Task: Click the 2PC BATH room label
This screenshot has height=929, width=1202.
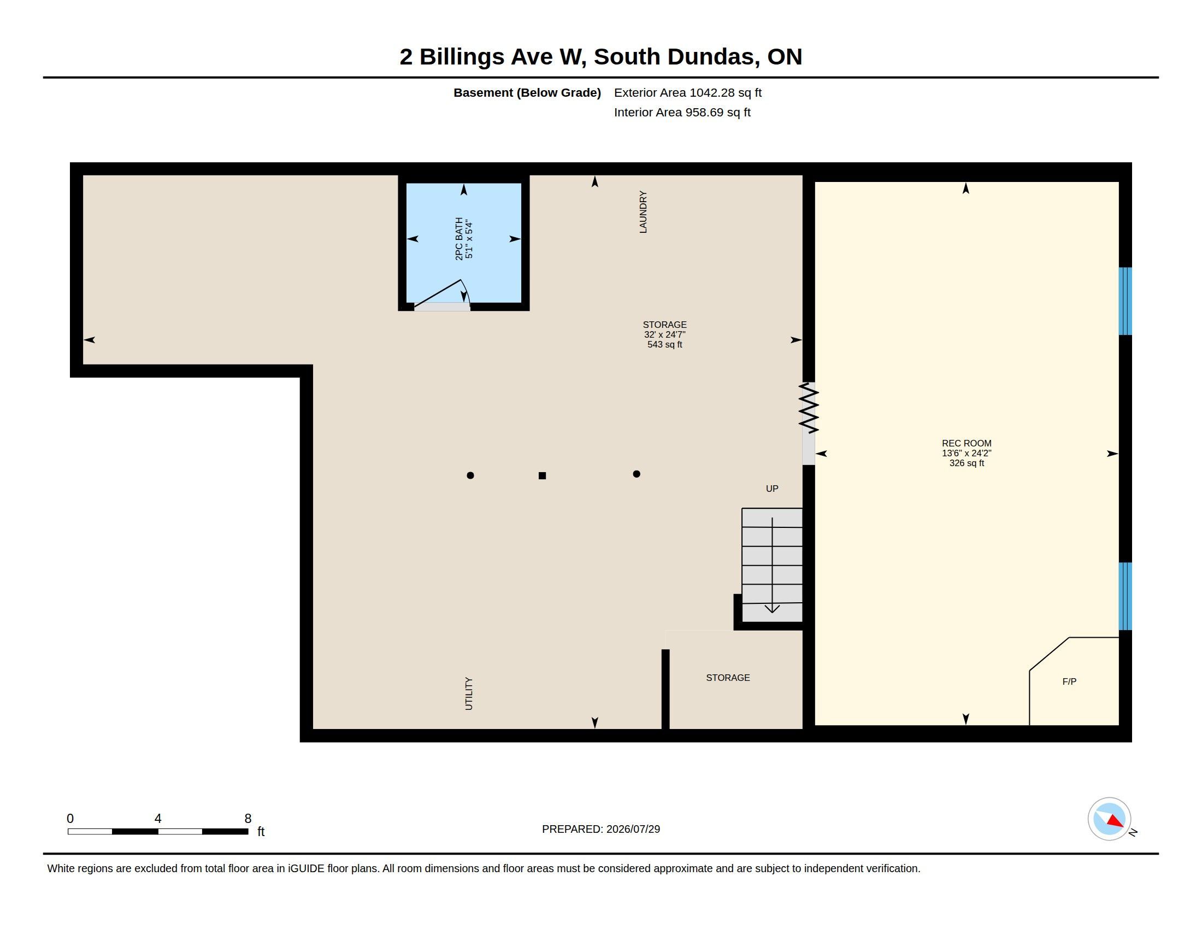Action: (459, 239)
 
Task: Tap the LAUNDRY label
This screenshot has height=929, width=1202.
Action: (643, 212)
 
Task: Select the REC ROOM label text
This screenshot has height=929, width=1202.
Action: (967, 443)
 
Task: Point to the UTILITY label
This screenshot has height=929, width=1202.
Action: (469, 693)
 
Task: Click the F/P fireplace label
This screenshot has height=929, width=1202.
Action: (1069, 681)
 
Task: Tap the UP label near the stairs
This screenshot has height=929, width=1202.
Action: (772, 489)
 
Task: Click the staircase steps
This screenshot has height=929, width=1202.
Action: (771, 565)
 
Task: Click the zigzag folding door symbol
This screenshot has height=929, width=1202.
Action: (809, 408)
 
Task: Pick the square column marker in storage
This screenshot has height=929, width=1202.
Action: (542, 475)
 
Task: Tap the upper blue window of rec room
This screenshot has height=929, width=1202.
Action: (1125, 301)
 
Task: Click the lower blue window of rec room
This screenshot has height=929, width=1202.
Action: (1125, 596)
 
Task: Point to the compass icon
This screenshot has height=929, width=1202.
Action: (1110, 819)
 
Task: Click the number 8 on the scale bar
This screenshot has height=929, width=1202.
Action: (248, 819)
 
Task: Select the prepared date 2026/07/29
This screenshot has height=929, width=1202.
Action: (633, 829)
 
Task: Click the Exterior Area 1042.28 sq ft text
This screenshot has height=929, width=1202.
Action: (687, 92)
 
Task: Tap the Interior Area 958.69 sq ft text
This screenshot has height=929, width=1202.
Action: (682, 112)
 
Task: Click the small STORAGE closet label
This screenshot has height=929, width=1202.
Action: (728, 678)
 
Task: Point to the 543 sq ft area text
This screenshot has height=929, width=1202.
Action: (665, 344)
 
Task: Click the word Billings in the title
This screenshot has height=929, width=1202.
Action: (462, 57)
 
